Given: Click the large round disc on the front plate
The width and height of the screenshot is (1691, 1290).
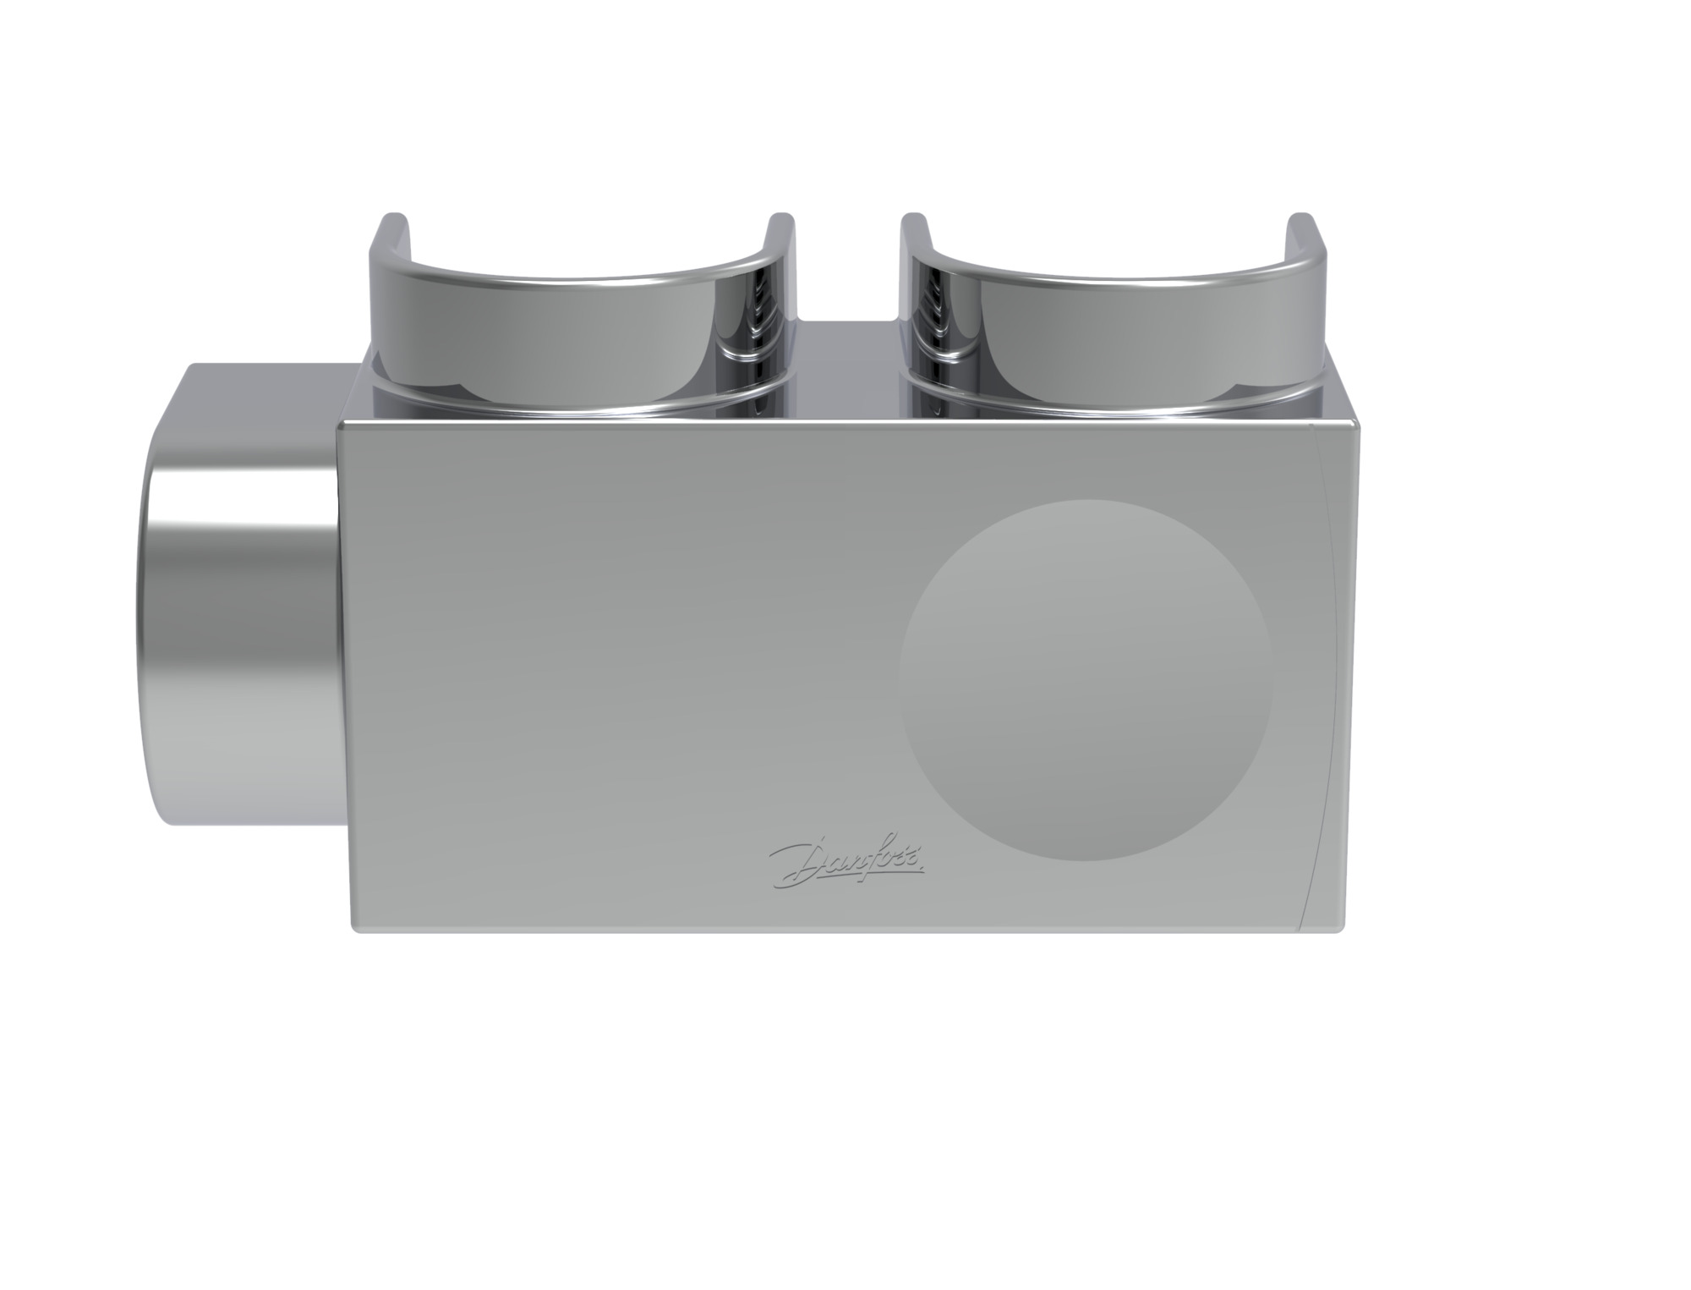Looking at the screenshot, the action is click(x=1086, y=680).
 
